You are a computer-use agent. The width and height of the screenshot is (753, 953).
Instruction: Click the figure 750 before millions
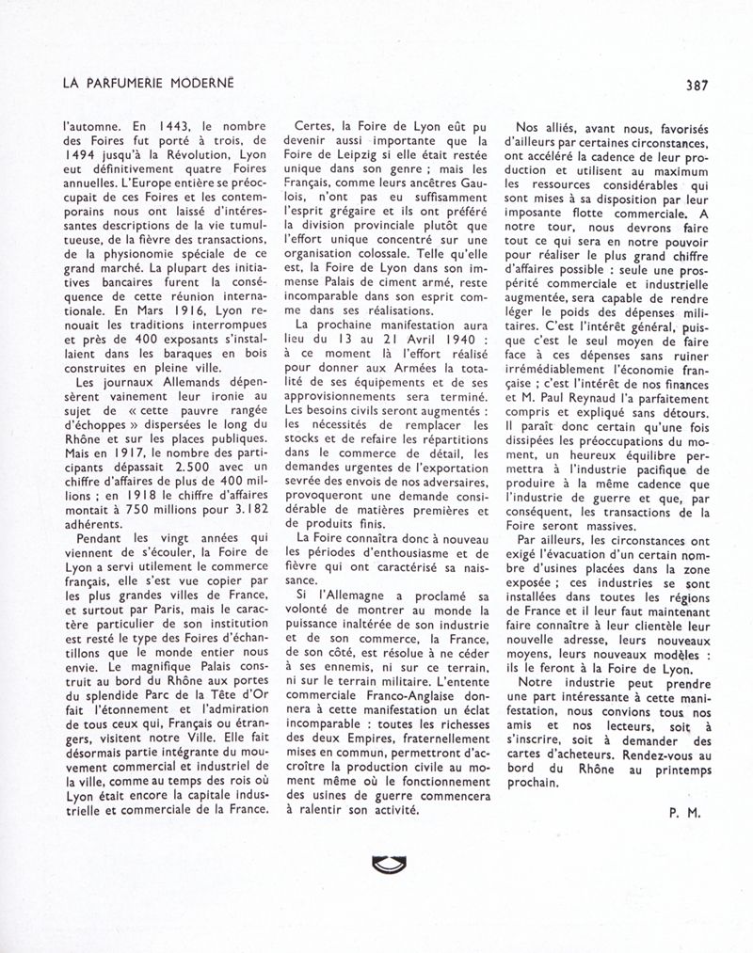pyautogui.click(x=140, y=510)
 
